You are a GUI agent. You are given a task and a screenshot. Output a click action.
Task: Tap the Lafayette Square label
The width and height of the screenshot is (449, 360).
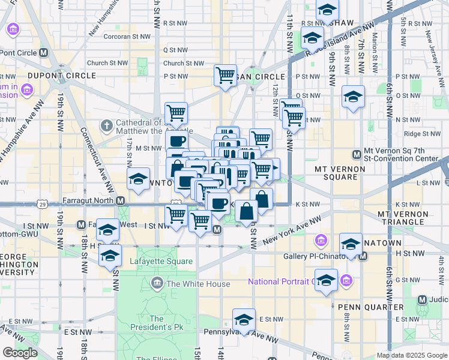pyautogui.click(x=161, y=262)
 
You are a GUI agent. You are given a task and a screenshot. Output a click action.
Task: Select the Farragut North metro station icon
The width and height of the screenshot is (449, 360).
pyautogui.click(x=121, y=200)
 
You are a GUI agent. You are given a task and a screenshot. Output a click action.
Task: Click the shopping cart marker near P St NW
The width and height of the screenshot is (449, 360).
pyautogui.click(x=225, y=76)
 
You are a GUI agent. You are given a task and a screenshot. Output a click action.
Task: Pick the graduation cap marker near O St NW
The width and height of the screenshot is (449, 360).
pyautogui.click(x=353, y=96)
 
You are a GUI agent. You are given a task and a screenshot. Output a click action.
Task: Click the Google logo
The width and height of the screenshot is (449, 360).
pyautogui.click(x=20, y=352)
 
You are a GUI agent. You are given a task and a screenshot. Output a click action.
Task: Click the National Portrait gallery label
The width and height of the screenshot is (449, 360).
pyautogui.click(x=281, y=281)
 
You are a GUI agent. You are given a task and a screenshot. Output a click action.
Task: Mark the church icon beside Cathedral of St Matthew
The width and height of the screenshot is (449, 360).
pyautogui.click(x=107, y=126)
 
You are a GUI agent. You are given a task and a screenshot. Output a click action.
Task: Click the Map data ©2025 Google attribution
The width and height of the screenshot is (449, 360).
pyautogui.click(x=411, y=355)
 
